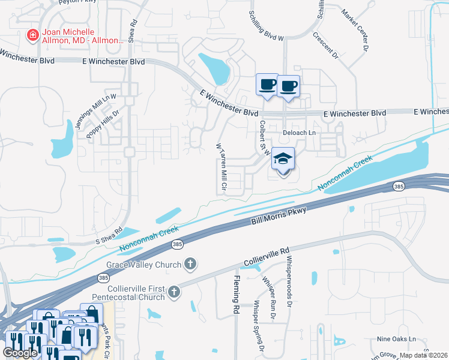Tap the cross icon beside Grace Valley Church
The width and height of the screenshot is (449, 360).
pyautogui.click(x=190, y=263)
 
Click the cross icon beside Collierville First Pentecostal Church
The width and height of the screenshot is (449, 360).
pyautogui.click(x=173, y=292)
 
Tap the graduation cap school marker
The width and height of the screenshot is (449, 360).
pyautogui.click(x=283, y=160)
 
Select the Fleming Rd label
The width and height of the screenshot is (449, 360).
pyautogui.click(x=236, y=294)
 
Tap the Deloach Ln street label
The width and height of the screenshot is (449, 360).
pyautogui.click(x=299, y=132)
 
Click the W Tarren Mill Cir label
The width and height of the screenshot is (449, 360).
pyautogui.click(x=220, y=167)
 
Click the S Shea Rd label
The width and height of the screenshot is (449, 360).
pyautogui.click(x=109, y=236)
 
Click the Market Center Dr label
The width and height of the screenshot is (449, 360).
pyautogui.click(x=357, y=29)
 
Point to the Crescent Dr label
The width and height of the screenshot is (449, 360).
pyautogui.click(x=326, y=44)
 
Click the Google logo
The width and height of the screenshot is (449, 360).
pyautogui.click(x=20, y=353)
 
